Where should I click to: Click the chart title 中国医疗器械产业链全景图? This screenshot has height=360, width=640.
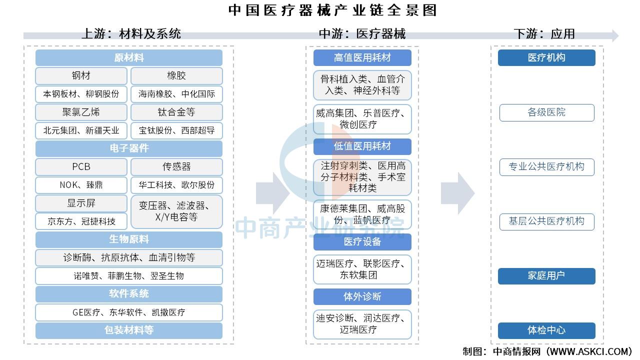click(332, 10)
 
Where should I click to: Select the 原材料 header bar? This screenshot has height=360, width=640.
click(129, 57)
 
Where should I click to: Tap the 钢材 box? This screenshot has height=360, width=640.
click(81, 75)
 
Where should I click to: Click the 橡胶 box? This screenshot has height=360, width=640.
click(176, 75)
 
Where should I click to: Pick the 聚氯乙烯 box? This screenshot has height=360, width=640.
click(81, 112)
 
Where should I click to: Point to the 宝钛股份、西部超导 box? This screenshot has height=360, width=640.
click(176, 130)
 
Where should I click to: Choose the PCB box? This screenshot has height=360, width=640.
click(81, 166)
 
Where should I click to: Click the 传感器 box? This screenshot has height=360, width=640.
click(176, 166)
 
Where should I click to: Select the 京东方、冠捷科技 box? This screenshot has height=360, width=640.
click(81, 221)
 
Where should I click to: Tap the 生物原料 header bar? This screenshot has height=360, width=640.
click(129, 239)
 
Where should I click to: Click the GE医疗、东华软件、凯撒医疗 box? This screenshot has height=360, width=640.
click(129, 312)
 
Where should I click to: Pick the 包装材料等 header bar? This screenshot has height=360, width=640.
click(129, 330)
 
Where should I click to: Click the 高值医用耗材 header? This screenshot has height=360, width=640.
click(362, 57)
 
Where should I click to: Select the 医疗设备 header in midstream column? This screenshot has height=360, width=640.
click(362, 241)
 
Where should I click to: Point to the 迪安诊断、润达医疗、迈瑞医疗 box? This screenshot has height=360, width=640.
click(362, 324)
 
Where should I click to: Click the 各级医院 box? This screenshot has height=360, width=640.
click(546, 112)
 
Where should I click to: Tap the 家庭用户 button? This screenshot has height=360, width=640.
click(546, 276)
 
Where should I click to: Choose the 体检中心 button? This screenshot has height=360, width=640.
click(546, 330)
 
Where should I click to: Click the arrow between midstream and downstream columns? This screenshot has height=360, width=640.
click(457, 193)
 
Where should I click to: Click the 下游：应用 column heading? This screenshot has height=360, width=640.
click(544, 33)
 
